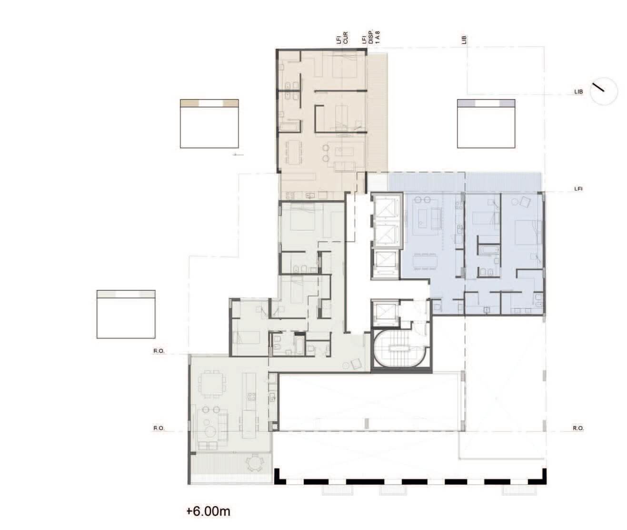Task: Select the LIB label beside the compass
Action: click(x=578, y=92)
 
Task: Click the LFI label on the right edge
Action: click(x=578, y=189)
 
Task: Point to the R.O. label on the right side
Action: click(x=578, y=428)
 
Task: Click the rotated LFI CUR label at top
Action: click(x=342, y=38)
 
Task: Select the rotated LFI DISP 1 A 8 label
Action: click(x=370, y=37)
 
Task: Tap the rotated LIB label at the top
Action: click(x=464, y=40)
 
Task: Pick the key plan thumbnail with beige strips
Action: click(x=209, y=123)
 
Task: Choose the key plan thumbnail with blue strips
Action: click(x=486, y=123)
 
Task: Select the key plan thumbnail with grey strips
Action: click(x=126, y=314)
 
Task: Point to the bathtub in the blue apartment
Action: click(x=489, y=250)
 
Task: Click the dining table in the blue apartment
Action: click(x=425, y=261)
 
